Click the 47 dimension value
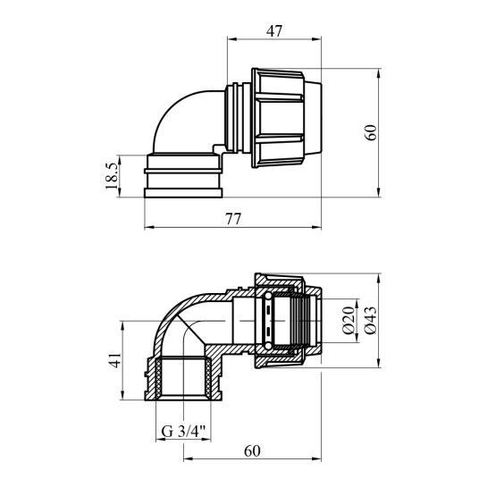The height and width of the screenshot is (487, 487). (273, 30)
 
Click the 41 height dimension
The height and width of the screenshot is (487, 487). (113, 361)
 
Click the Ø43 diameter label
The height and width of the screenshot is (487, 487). (371, 320)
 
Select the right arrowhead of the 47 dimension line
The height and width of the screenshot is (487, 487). (317, 40)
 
